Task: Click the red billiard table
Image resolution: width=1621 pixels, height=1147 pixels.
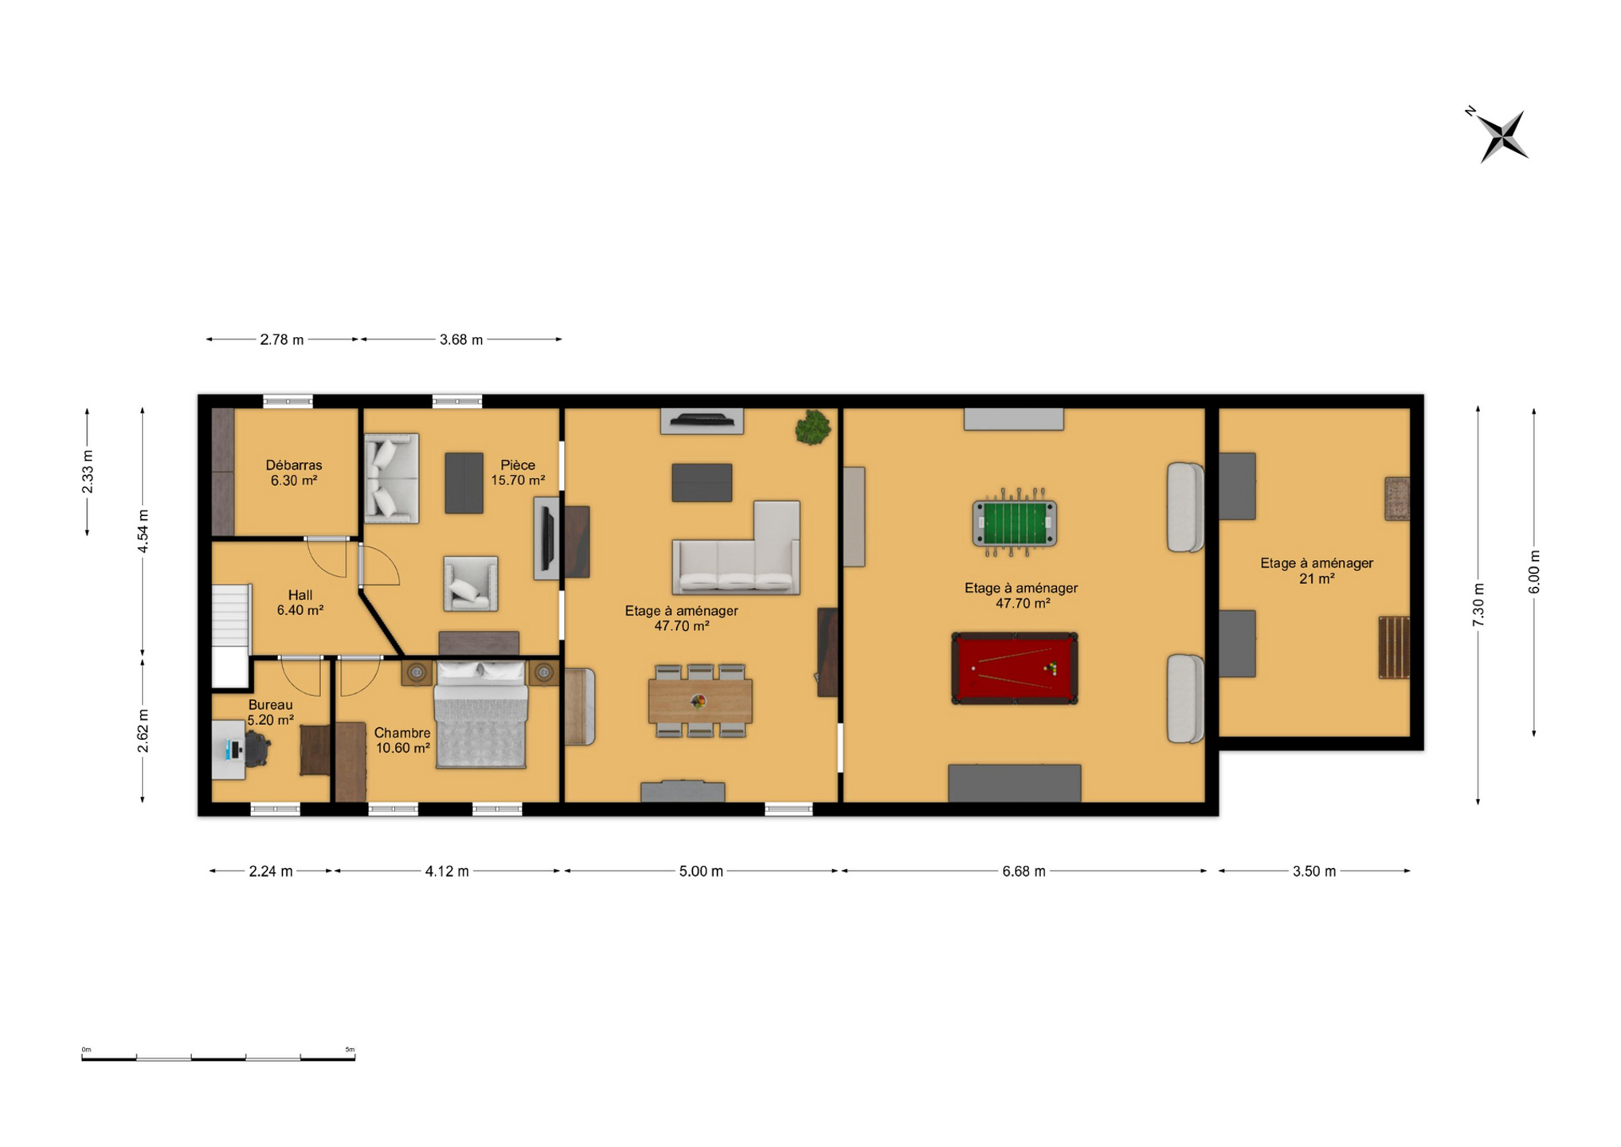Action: pos(1014,668)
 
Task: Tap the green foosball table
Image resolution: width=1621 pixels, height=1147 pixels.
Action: pos(1014,523)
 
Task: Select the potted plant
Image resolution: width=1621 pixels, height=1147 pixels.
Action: pos(812,427)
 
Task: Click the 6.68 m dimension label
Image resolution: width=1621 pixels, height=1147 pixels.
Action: pos(1024,871)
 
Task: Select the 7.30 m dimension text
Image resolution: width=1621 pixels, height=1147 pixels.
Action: pos(1478,605)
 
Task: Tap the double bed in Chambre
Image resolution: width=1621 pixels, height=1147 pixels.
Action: pos(480,714)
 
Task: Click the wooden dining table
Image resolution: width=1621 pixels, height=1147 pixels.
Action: pos(700,701)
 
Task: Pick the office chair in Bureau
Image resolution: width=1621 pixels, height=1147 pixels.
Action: pos(256,749)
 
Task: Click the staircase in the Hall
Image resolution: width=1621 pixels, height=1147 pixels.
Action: pos(231,636)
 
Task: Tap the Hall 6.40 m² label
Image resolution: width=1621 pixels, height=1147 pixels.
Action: pos(300,602)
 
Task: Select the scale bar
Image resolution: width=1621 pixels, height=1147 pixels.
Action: pos(218,1057)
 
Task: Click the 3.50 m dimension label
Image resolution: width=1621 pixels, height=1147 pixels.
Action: pos(1314,871)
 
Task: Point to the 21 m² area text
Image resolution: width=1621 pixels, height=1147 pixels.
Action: pos(1317,579)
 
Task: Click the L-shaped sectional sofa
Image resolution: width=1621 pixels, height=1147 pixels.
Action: pos(736,549)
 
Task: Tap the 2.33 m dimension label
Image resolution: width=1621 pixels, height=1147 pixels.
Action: pos(88,472)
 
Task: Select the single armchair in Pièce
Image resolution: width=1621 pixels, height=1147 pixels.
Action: pos(471,584)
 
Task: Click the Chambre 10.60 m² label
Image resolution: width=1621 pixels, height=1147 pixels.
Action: pos(402,740)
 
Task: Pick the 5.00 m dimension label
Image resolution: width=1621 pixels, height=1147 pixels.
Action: pos(701,871)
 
